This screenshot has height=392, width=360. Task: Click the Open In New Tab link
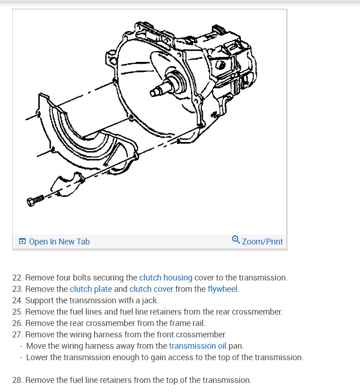[59, 242]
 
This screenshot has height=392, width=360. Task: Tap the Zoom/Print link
[262, 242]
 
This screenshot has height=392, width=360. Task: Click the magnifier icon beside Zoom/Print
[236, 240]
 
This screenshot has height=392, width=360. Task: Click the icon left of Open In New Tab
[22, 242]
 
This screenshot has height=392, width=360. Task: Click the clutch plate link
[91, 289]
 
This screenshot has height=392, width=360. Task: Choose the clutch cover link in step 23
[151, 289]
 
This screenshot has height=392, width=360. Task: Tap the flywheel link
[223, 289]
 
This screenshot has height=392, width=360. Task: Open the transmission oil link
[197, 346]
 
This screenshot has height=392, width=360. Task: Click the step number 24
[17, 300]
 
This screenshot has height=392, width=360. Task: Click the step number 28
[17, 380]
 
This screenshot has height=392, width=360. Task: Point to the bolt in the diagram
[35, 200]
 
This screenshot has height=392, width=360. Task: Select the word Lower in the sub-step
[37, 357]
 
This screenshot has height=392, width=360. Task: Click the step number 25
[17, 312]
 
